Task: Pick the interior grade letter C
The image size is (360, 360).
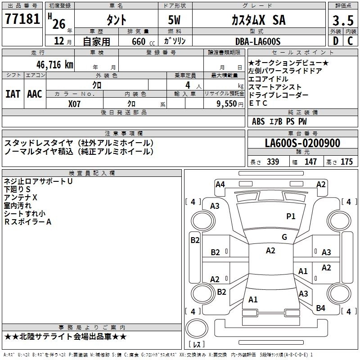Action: coord(350,41)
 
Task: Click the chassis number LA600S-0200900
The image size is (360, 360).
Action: coord(302,144)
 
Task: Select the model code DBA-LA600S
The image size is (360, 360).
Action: coord(258,41)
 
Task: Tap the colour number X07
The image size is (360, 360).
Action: coord(75,103)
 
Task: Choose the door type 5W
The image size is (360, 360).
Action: coord(175,21)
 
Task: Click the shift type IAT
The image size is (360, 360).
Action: coord(13,94)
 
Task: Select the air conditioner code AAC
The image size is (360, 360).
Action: coord(35,94)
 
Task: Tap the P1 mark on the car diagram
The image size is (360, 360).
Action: coord(291,216)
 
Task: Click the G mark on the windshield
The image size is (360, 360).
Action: coord(284,237)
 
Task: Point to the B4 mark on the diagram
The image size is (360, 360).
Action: coord(320,308)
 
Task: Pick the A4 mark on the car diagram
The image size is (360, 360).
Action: coord(220,184)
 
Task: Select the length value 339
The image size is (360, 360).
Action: coord(273,162)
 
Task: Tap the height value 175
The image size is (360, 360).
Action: coord(346,162)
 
